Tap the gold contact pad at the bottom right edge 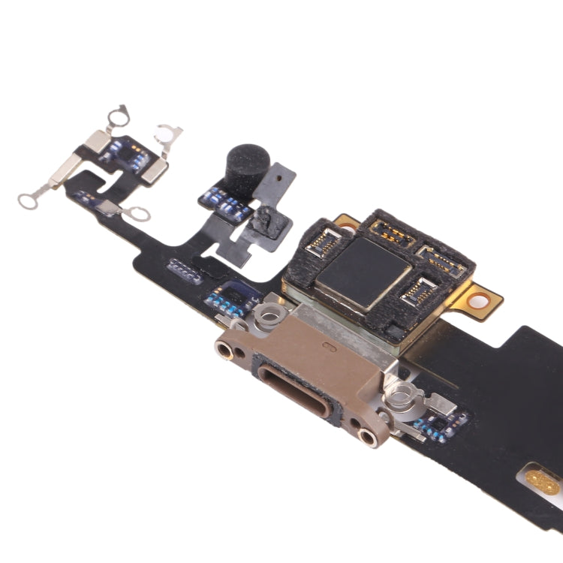coord(542,480)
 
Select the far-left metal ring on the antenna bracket coord(28,200)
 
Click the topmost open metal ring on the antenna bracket coord(117,115)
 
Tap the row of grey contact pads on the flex coord(185,270)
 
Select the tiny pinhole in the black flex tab coord(279,179)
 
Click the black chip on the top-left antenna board coord(122,152)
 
